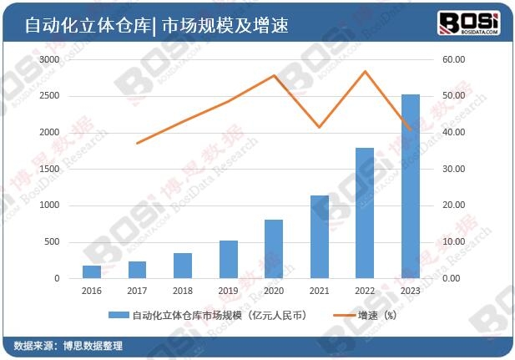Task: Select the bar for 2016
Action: click(92, 271)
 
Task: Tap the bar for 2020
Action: click(274, 248)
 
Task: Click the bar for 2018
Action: click(183, 265)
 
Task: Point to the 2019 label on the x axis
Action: click(228, 291)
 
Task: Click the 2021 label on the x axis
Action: click(319, 291)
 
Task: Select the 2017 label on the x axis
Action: click(137, 291)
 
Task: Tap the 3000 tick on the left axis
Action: click(49, 60)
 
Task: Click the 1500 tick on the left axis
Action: click(49, 170)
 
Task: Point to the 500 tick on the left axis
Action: click(52, 242)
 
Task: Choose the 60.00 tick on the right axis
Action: click(453, 60)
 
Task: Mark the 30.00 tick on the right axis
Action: click(453, 170)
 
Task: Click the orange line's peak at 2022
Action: click(365, 71)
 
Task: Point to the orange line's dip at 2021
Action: click(319, 128)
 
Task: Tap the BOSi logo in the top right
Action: click(470, 23)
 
